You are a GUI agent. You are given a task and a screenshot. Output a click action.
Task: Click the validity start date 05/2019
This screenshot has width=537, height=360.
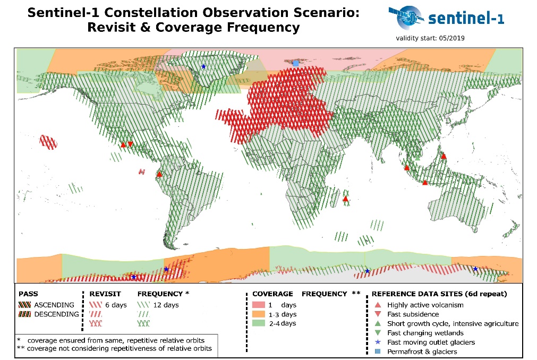(x=451, y=38)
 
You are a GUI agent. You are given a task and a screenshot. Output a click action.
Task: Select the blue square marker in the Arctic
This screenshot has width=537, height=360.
(x=296, y=63)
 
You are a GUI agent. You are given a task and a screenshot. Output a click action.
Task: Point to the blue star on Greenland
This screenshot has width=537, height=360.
(x=203, y=66)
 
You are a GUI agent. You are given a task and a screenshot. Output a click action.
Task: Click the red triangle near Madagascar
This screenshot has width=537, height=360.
(x=345, y=199)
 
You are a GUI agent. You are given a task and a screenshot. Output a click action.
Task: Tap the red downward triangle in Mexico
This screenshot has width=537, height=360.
(x=130, y=144)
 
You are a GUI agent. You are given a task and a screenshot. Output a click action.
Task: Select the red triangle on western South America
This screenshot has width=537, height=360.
(x=159, y=174)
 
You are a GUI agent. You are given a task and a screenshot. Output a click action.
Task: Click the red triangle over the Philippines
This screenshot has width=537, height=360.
(x=444, y=156)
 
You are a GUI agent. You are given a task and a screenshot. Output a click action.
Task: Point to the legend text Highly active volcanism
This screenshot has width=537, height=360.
(x=425, y=305)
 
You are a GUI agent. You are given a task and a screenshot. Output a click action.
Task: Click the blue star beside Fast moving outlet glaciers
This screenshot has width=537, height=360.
(x=378, y=342)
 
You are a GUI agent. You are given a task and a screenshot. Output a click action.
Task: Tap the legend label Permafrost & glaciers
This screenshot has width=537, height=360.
(x=422, y=352)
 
